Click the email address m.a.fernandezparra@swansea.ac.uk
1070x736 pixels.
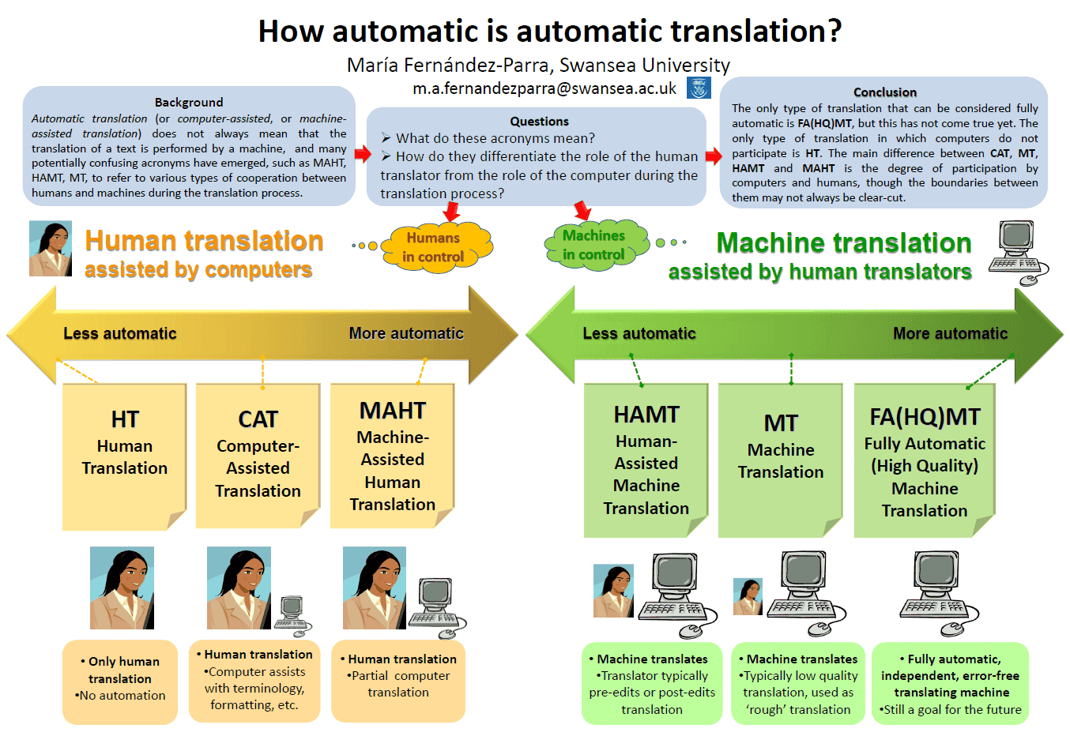[544, 88]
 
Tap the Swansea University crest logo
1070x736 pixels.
[699, 88]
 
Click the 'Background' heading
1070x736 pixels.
[189, 102]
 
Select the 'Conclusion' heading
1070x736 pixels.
[885, 92]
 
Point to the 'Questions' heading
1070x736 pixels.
[539, 122]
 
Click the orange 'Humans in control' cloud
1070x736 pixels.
[434, 247]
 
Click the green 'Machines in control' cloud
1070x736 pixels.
[594, 245]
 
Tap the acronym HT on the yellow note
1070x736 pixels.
[125, 419]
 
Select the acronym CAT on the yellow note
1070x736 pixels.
[258, 419]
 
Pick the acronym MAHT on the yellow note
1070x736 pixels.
[392, 411]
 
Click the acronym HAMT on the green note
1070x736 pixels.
[646, 415]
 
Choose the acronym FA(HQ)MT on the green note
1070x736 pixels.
[925, 417]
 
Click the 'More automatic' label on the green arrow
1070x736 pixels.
[950, 333]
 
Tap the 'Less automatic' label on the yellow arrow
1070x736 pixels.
[120, 333]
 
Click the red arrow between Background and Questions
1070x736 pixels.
[363, 153]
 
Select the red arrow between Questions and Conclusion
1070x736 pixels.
[714, 156]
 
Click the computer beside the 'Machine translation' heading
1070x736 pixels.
[1018, 251]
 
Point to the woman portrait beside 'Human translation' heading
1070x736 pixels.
[51, 248]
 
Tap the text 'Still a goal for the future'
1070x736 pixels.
[952, 709]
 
